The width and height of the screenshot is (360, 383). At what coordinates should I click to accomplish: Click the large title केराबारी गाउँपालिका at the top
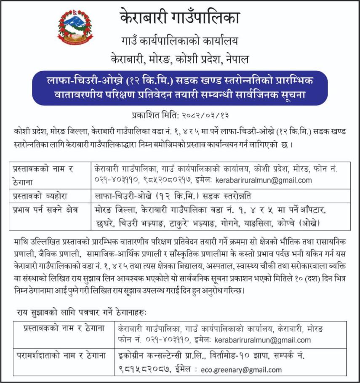[x=179, y=18]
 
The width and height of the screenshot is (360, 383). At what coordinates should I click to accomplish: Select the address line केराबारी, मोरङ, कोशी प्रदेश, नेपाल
[x=179, y=58]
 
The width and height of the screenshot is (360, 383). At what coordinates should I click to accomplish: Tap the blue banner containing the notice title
[x=180, y=88]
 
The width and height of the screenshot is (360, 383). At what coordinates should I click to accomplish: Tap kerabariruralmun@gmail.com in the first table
[x=264, y=180]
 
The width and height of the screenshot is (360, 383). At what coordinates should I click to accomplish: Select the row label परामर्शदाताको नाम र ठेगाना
[x=64, y=356]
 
